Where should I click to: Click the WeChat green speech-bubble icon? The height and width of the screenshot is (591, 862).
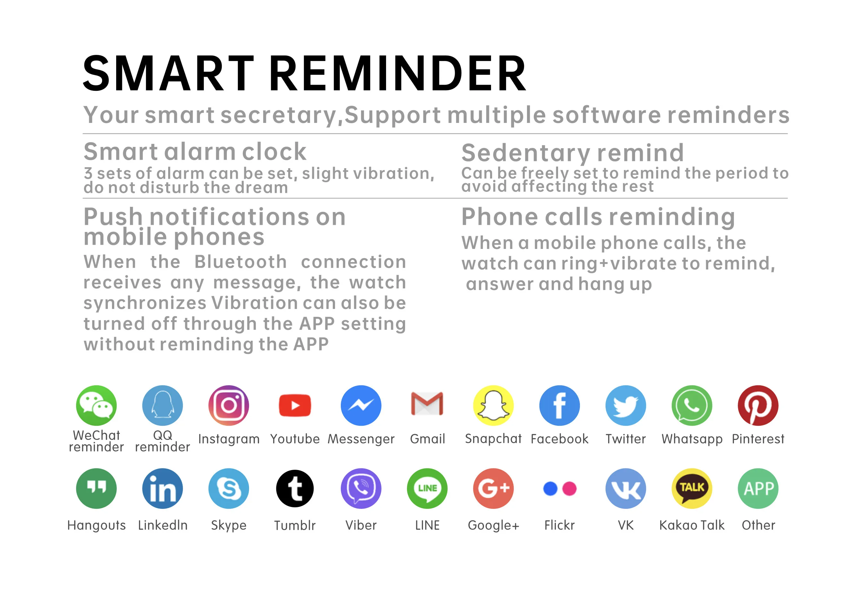[x=96, y=405]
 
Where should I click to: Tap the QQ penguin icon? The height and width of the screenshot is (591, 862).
[x=162, y=405]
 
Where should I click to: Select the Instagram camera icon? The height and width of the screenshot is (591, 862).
[x=229, y=405]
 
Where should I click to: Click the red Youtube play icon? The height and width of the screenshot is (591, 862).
[x=295, y=405]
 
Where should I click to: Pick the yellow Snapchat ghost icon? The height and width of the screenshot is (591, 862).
[x=493, y=405]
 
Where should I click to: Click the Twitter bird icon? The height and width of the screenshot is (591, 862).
[x=626, y=405]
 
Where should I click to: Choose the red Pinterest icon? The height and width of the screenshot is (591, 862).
[x=758, y=405]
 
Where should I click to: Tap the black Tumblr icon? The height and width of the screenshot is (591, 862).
[x=295, y=488]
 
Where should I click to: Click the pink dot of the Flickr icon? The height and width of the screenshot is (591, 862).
[x=569, y=488]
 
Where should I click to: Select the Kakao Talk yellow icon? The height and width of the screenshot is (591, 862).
[x=692, y=488]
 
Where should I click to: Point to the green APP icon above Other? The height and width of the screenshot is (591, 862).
[x=758, y=488]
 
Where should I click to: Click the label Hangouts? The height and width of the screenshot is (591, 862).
[x=96, y=525]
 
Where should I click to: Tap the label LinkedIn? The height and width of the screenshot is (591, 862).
[x=163, y=525]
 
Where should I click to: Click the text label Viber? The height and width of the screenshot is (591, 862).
[x=361, y=525]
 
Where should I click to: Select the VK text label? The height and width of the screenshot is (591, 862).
[x=626, y=525]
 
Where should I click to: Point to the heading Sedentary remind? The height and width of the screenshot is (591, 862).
[x=573, y=153]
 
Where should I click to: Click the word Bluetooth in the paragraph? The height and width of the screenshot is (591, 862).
[x=241, y=262]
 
